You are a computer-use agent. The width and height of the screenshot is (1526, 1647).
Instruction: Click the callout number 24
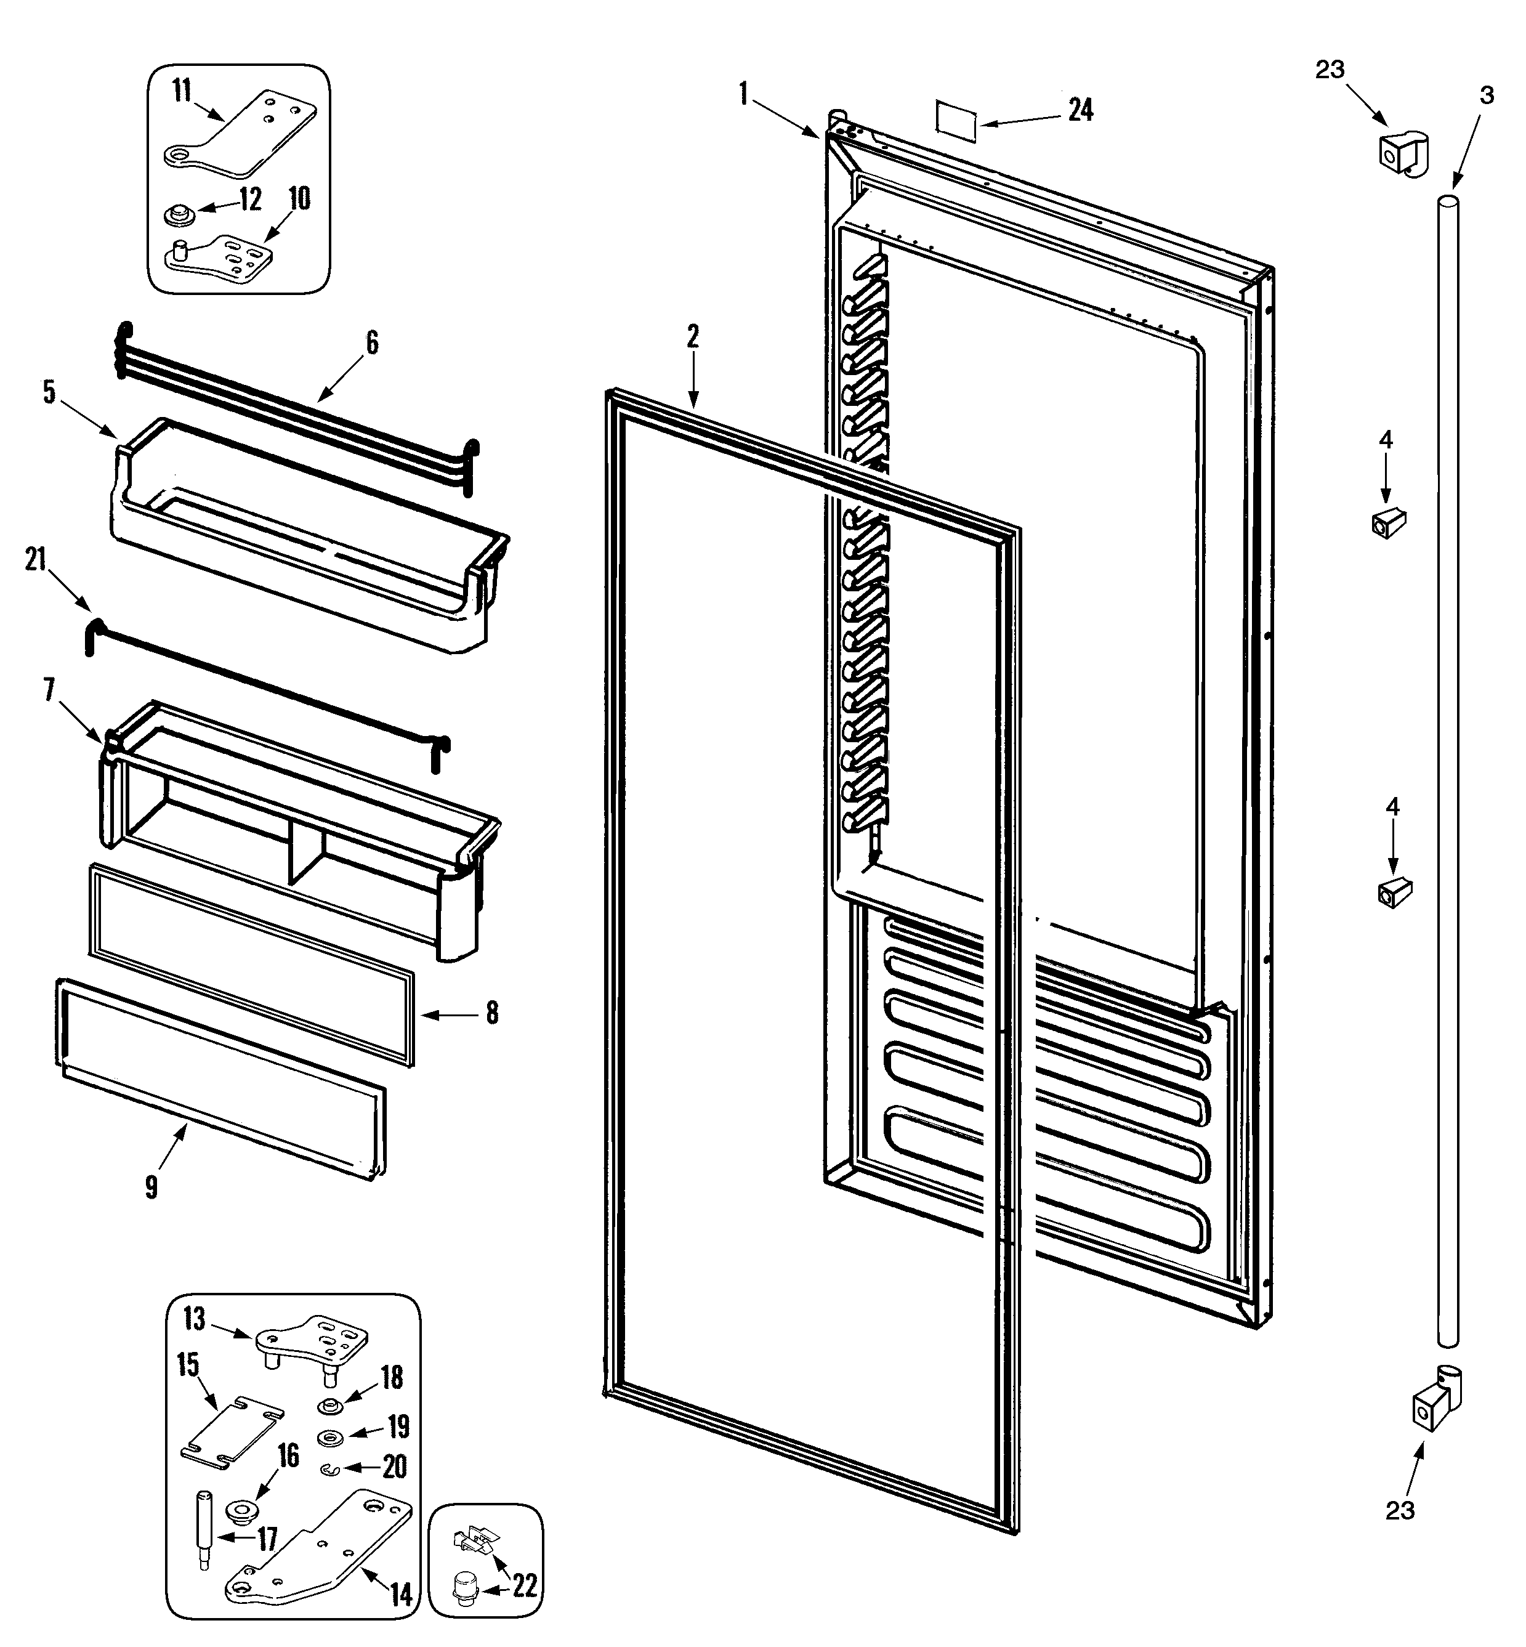[1081, 110]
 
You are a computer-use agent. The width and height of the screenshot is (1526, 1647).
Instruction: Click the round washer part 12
[177, 216]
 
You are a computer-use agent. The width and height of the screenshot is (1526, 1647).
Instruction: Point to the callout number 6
[371, 342]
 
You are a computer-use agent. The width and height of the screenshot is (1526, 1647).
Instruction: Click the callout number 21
[36, 559]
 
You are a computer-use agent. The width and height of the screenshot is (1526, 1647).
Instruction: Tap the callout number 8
[492, 1013]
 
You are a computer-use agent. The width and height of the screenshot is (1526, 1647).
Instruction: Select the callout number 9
[151, 1188]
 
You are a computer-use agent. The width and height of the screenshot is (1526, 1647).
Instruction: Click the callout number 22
[525, 1585]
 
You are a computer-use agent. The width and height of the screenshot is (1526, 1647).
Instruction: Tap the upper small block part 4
[1389, 523]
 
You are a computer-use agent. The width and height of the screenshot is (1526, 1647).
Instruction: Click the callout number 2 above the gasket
[693, 336]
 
